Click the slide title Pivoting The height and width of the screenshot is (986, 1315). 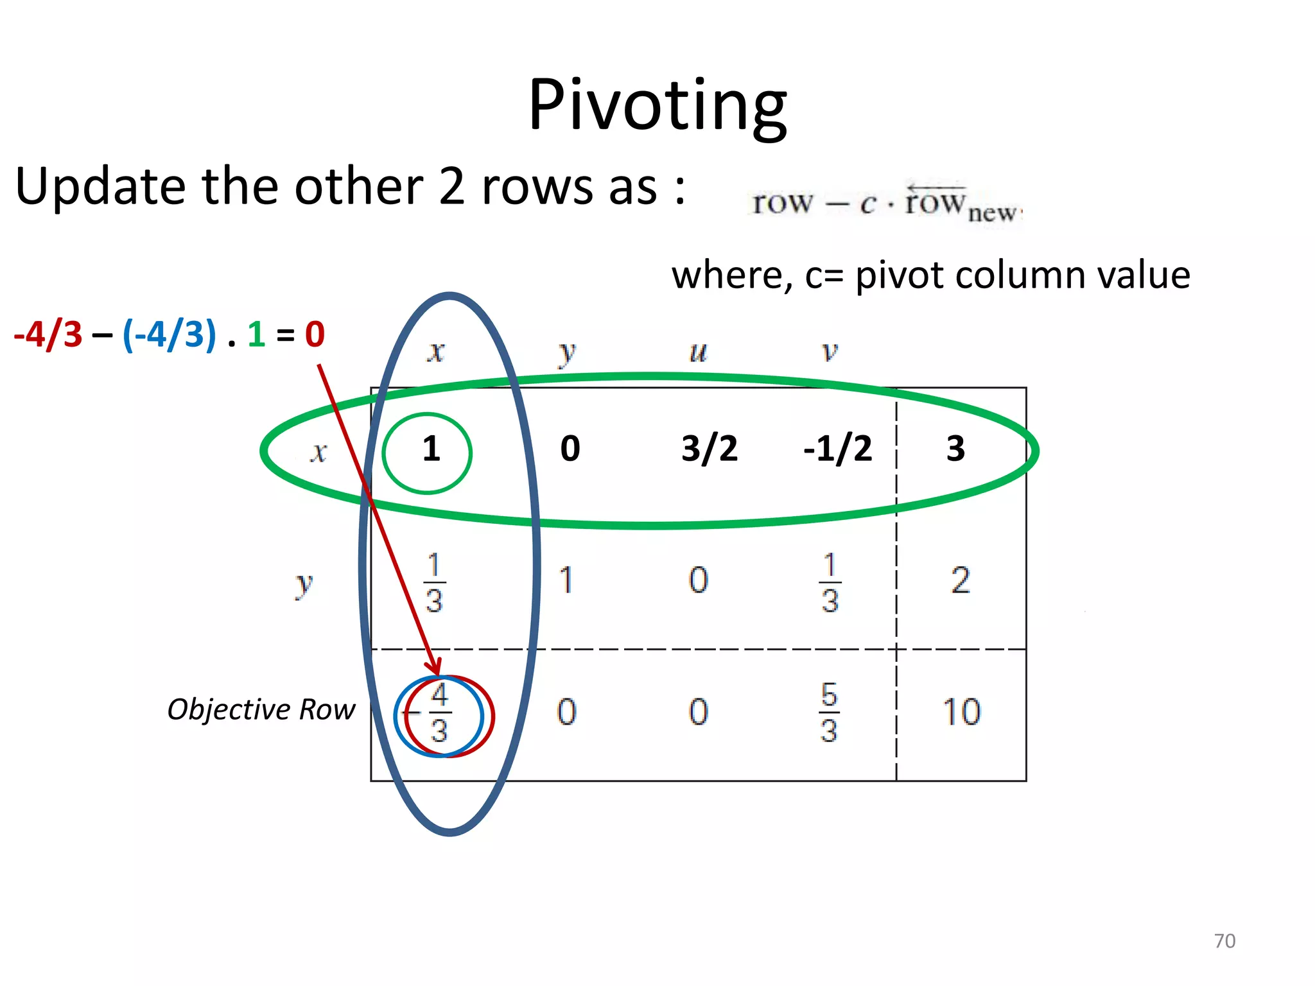tap(657, 105)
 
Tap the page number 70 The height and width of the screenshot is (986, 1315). tap(1224, 940)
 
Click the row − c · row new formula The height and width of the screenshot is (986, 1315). tap(886, 204)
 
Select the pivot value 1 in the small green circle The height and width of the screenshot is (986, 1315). tap(431, 449)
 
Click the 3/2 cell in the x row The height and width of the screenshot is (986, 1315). tap(709, 449)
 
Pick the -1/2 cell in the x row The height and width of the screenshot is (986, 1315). tap(837, 449)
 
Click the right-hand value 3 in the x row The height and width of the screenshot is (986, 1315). tap(955, 449)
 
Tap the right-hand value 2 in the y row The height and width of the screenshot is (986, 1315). tap(960, 581)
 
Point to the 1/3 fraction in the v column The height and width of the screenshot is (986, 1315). tap(830, 582)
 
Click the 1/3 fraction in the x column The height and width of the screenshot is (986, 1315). tap(434, 582)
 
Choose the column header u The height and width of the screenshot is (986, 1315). tap(698, 352)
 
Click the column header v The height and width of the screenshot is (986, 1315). tap(830, 352)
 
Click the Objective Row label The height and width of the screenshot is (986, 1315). tap(261, 710)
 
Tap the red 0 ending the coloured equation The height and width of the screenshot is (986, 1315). tap(315, 334)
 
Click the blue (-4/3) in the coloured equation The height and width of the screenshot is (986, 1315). tap(169, 334)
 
